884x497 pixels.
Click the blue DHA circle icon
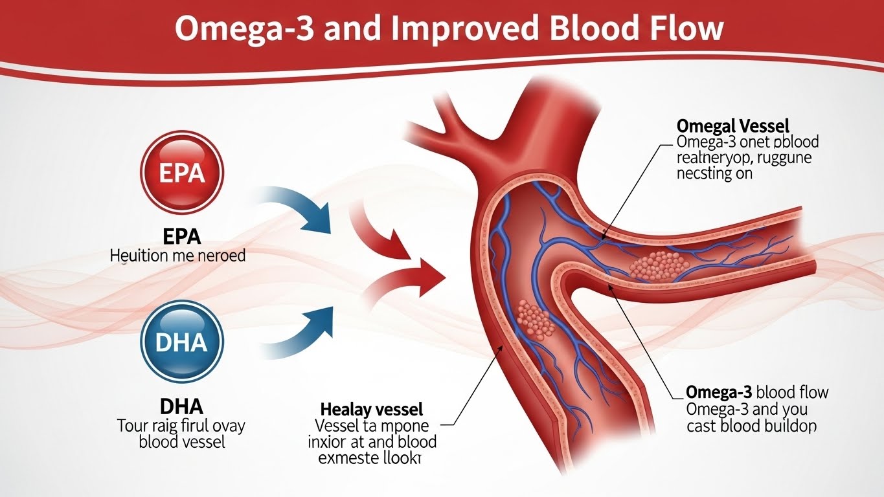[181, 342]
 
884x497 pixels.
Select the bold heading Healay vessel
[371, 409]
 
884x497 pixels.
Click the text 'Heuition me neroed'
[178, 256]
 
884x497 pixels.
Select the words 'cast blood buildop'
[751, 426]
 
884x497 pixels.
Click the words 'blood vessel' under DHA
[182, 443]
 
